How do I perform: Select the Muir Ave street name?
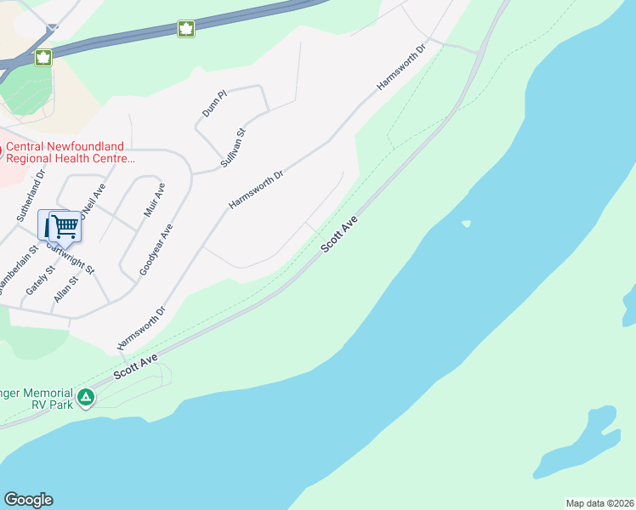[154, 200]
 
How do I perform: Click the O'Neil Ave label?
[94, 204]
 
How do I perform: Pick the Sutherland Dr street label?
[29, 194]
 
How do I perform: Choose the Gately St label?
[40, 279]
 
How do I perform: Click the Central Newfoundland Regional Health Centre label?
[70, 151]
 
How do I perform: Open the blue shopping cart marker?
[63, 227]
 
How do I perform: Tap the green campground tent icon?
[86, 397]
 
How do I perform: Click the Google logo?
[28, 500]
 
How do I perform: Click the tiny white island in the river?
[465, 224]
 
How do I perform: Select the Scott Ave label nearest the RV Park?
[138, 368]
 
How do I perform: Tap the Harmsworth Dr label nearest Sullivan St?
[255, 190]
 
